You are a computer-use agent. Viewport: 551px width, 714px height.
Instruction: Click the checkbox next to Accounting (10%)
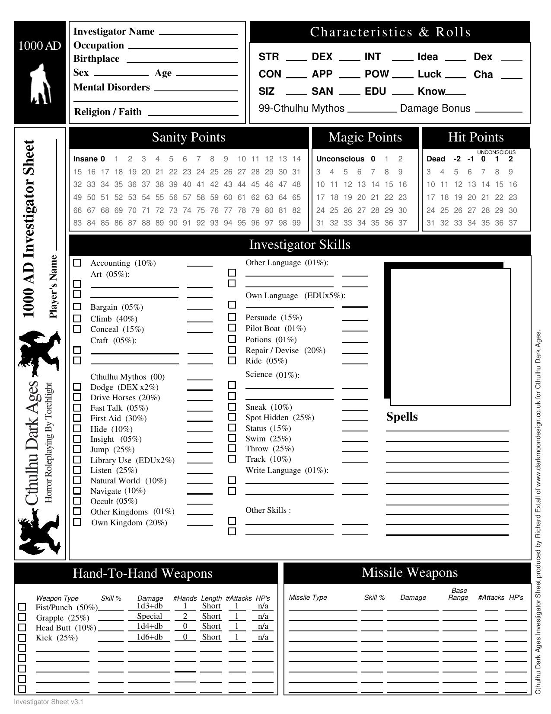77,263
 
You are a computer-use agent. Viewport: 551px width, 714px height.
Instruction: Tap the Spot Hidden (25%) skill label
280,418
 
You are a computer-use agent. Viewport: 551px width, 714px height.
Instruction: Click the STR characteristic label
269,57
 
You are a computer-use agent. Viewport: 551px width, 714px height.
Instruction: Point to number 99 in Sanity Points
296,223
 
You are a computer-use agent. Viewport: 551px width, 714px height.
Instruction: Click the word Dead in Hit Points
436,159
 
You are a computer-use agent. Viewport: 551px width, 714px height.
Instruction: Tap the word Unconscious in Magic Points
340,159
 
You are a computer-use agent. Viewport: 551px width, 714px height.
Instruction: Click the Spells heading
402,417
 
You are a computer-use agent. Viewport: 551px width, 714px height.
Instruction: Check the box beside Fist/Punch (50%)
22,607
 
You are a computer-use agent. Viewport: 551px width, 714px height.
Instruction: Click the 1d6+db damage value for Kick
150,637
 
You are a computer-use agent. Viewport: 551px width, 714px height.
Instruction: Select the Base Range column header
459,594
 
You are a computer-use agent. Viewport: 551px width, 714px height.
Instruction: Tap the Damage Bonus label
435,108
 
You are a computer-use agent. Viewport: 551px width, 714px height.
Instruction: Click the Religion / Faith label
108,112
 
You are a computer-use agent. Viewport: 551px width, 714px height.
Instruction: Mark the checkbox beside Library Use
77,460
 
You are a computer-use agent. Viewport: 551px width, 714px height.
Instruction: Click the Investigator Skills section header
300,244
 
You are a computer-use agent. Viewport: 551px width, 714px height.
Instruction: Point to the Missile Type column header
308,598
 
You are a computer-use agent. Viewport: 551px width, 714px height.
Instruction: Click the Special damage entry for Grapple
150,616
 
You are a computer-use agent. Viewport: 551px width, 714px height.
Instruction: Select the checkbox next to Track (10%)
232,459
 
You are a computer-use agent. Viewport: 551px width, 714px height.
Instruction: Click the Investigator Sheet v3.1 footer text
48,701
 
